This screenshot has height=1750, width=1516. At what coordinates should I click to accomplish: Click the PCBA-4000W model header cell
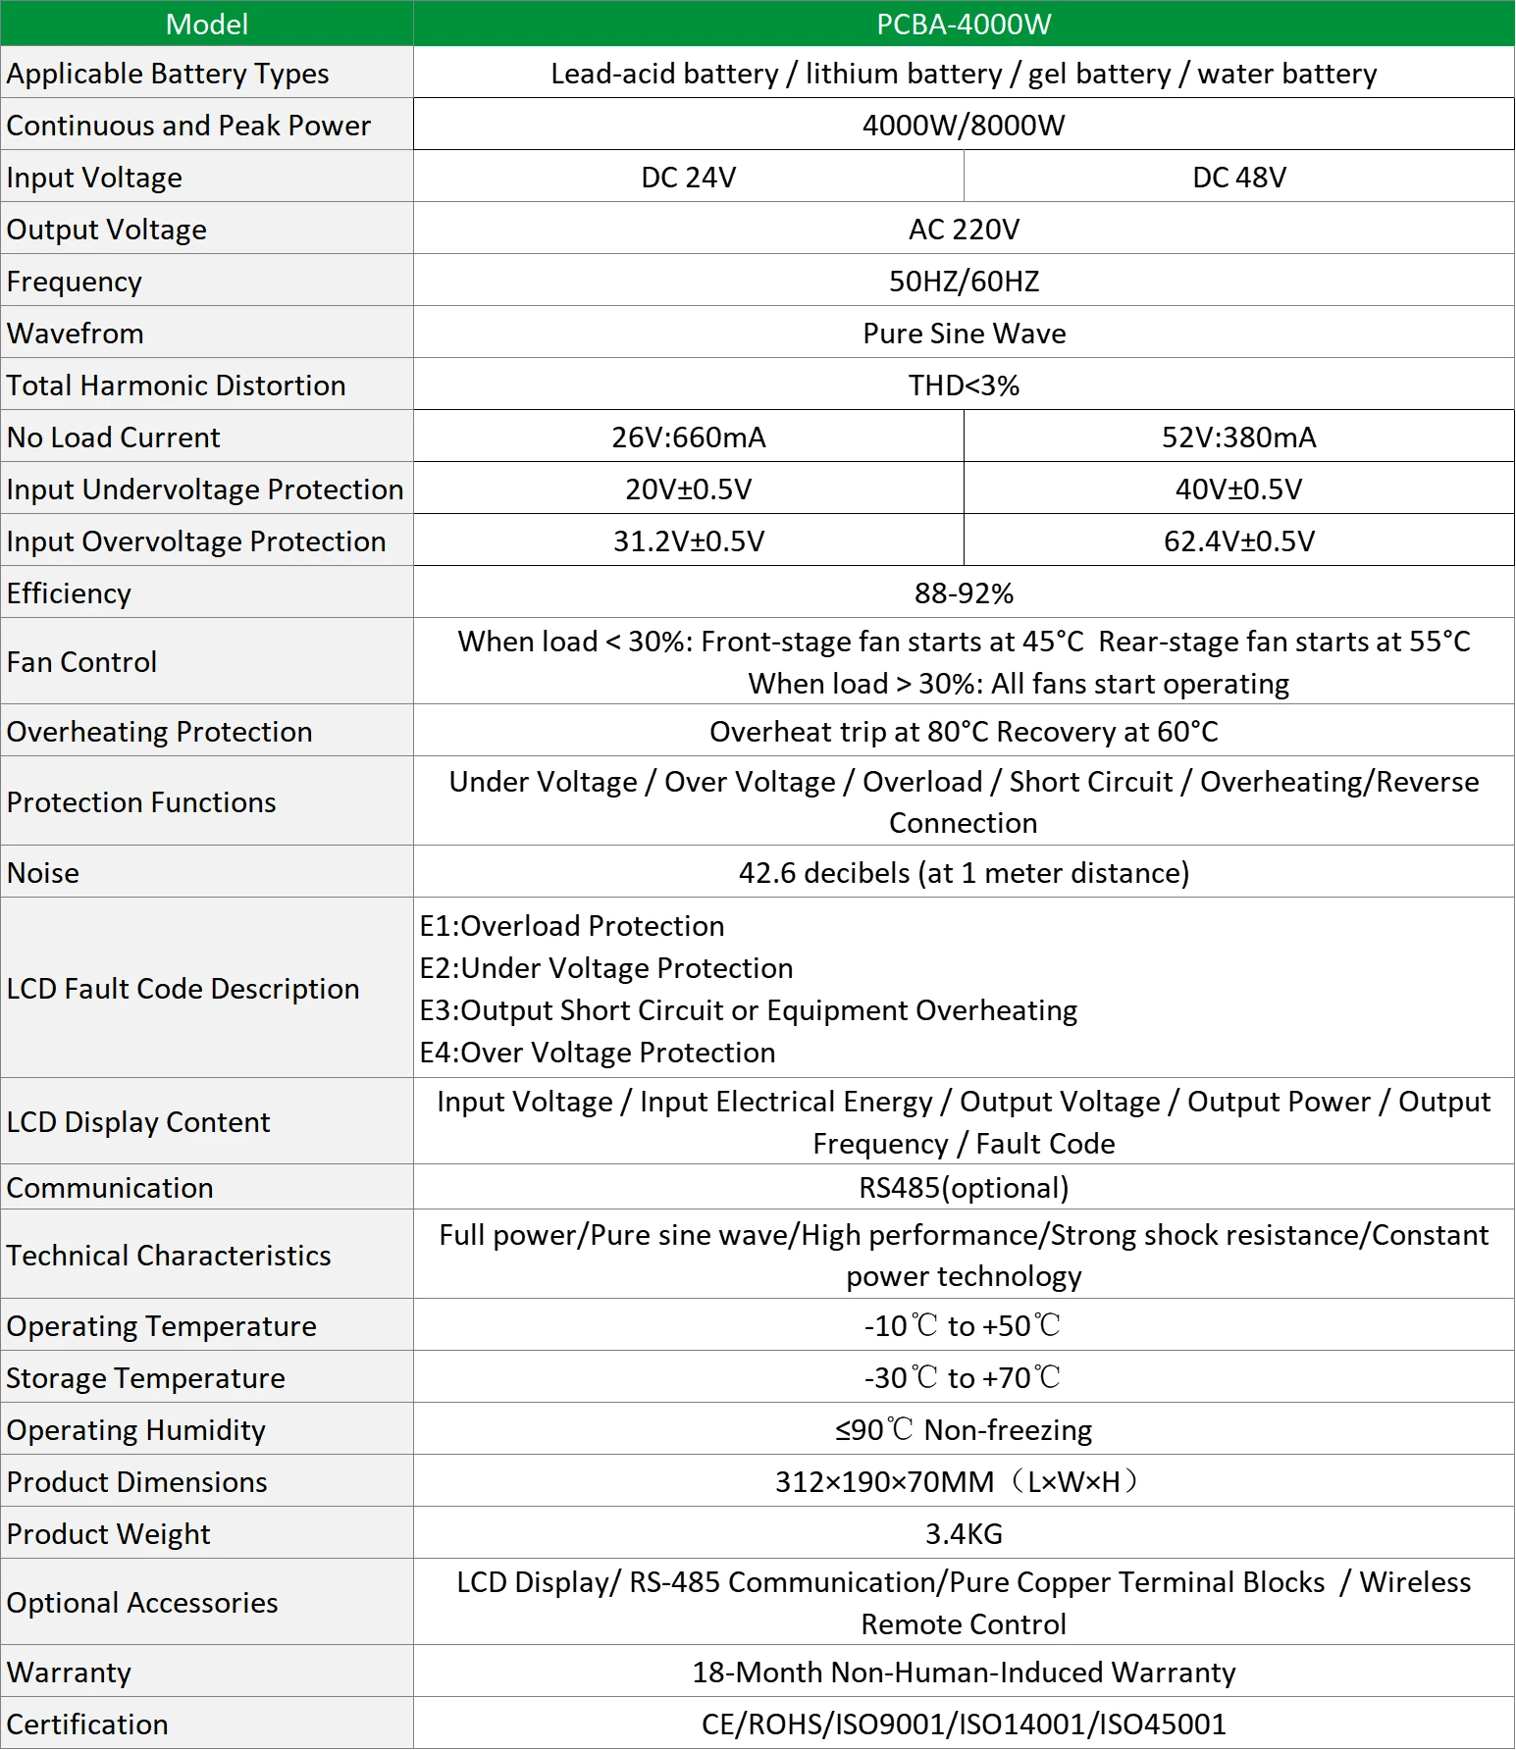point(963,24)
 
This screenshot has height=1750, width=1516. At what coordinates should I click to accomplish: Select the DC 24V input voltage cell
point(688,178)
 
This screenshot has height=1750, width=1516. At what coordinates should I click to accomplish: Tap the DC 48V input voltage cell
point(1238,178)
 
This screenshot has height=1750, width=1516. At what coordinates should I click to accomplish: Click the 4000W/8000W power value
point(963,126)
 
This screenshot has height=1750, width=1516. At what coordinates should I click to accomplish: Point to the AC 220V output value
point(963,230)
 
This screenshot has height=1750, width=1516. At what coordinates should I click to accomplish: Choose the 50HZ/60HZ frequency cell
point(963,282)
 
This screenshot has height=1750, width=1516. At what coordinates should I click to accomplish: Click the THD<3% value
point(963,386)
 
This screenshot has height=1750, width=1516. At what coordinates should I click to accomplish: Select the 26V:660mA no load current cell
point(688,437)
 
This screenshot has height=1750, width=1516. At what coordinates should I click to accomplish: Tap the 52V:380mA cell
point(1238,437)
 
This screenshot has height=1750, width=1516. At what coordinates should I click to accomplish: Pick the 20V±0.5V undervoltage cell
point(688,489)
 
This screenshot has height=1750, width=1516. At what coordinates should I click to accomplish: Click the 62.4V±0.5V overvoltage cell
point(1238,541)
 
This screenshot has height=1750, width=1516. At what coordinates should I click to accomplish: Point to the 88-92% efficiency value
point(963,593)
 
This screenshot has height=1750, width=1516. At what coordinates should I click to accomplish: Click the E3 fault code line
point(748,1010)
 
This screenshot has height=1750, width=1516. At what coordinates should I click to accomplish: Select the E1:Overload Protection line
point(572,926)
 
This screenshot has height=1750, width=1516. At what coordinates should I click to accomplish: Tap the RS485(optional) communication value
point(963,1188)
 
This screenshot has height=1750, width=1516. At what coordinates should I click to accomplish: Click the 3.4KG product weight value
point(963,1534)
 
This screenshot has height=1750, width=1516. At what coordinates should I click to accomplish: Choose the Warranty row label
point(69,1673)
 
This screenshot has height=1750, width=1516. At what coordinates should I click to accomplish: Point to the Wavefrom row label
point(76,334)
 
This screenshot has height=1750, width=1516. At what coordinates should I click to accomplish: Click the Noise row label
point(43,873)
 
